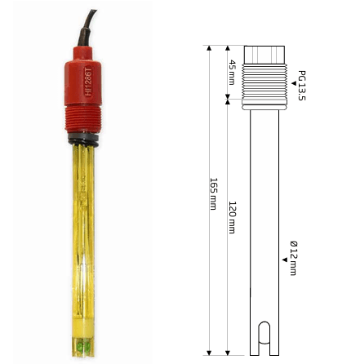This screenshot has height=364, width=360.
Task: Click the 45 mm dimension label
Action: (232, 73)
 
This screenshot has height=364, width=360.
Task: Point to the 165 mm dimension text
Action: (214, 194)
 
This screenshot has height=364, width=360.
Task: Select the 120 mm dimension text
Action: (232, 217)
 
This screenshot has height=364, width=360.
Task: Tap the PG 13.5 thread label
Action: (302, 86)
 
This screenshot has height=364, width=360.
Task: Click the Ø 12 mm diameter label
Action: (293, 258)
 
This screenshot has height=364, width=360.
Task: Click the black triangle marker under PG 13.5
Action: (294, 83)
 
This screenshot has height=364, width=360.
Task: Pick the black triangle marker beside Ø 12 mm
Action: (285, 260)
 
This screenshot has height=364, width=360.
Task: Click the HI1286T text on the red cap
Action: (88, 81)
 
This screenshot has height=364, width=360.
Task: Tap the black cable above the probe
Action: (87, 29)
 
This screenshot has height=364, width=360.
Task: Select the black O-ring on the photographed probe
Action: (83, 139)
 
